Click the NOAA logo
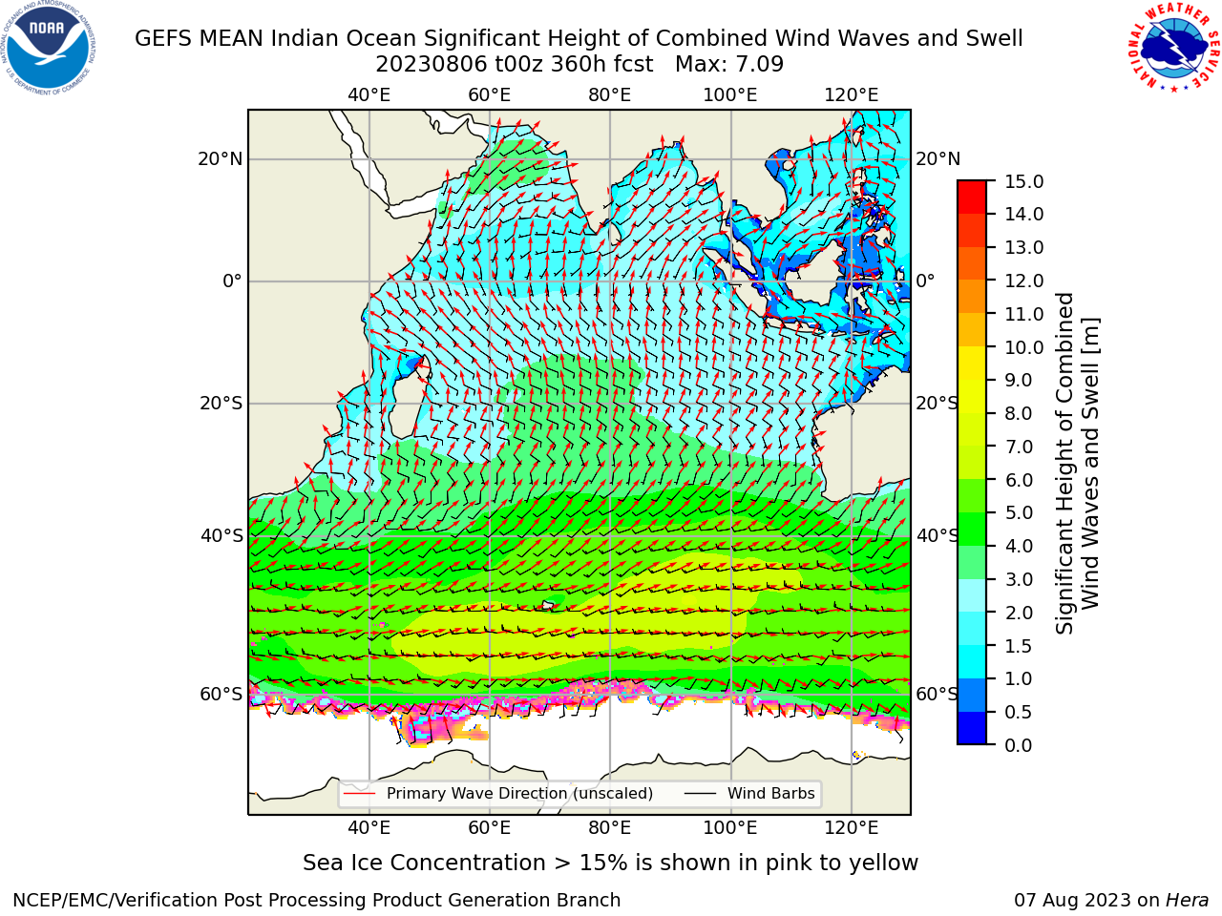click(49, 49)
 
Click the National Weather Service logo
click(1174, 48)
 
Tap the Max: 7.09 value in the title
click(729, 65)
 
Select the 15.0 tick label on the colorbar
click(1023, 181)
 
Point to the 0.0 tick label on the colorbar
click(1019, 745)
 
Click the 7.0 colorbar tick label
click(1019, 447)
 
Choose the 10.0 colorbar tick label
click(1023, 347)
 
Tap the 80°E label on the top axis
click(610, 95)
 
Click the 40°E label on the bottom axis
click(369, 828)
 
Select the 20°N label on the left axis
click(221, 159)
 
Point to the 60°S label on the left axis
click(221, 694)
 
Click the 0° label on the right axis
click(925, 281)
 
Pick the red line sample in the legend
click(359, 793)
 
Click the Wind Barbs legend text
click(771, 793)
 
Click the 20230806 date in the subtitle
click(432, 65)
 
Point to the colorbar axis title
click(1078, 464)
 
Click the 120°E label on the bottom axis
click(852, 828)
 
